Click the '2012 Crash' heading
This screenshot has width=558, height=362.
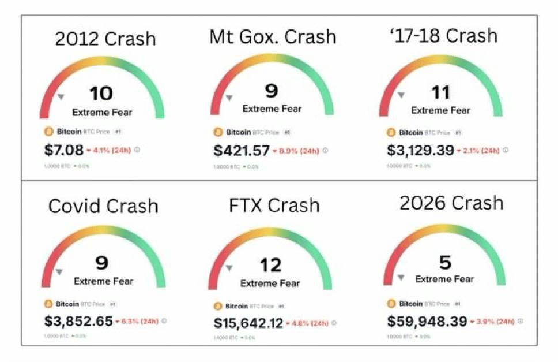click(105, 39)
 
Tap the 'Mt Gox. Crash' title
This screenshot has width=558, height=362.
click(272, 37)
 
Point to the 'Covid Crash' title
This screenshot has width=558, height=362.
click(103, 206)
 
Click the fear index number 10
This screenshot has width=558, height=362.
click(101, 94)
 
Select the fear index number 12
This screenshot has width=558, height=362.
click(270, 265)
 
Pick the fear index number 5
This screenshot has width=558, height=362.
click(444, 263)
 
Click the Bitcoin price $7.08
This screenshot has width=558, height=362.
click(63, 150)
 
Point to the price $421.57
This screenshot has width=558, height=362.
click(242, 151)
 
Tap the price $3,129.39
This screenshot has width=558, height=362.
click(419, 150)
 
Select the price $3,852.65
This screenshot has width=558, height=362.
click(78, 321)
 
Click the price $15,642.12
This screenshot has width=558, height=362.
click(248, 323)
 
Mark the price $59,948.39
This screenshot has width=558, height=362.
click(427, 321)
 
